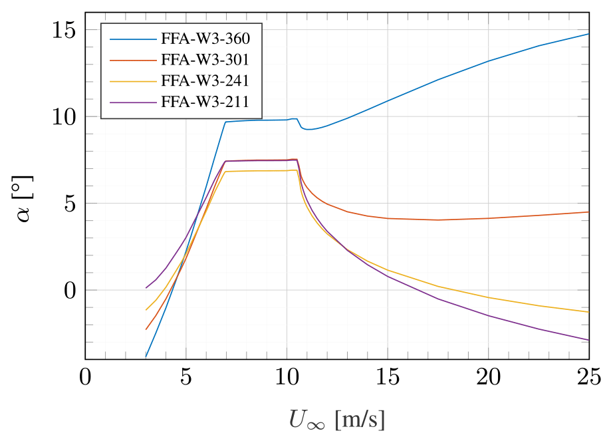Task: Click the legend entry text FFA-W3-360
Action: (205, 39)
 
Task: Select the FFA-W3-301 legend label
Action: (205, 60)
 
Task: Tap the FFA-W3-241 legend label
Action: (205, 81)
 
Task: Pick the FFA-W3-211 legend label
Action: (205, 102)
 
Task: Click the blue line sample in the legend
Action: (133, 39)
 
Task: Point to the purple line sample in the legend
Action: (133, 102)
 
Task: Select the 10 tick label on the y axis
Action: (61, 116)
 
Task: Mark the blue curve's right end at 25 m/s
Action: (589, 34)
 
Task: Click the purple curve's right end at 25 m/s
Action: (589, 340)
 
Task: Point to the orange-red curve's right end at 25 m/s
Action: (589, 212)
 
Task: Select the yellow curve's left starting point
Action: (146, 310)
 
